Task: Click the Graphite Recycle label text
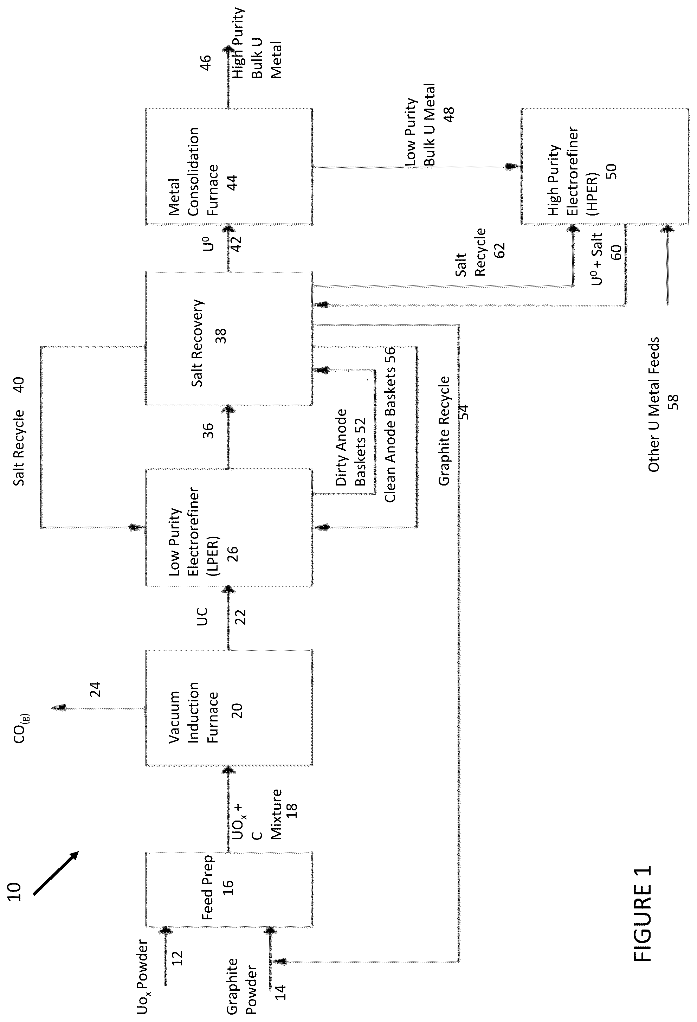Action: click(x=444, y=431)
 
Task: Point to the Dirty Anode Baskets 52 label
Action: click(x=350, y=447)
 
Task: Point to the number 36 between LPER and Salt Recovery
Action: click(x=208, y=431)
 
